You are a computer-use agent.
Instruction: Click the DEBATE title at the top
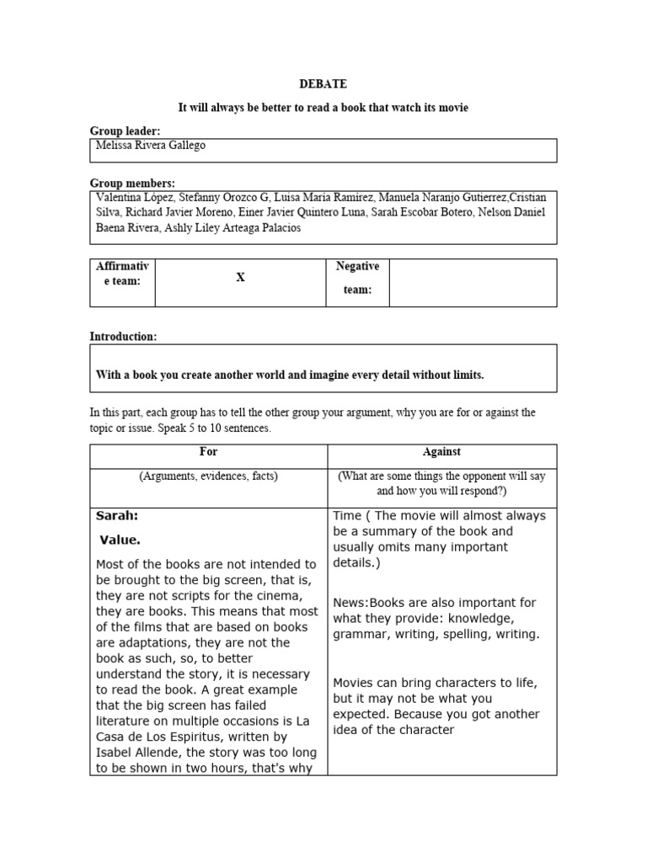point(323,84)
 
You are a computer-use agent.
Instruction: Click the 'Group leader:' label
point(125,131)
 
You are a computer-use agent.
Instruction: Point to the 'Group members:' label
point(132,183)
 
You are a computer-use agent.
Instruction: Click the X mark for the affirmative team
point(240,278)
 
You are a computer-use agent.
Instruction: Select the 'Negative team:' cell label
point(357,278)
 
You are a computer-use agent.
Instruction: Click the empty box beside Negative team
point(472,283)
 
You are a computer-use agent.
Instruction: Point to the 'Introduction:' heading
point(123,337)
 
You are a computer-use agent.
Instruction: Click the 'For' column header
point(208,452)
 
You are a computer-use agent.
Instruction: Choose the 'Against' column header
point(441,452)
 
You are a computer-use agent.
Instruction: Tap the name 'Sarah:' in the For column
point(117,515)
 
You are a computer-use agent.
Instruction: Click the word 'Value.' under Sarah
point(120,540)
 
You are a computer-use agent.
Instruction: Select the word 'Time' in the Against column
point(347,515)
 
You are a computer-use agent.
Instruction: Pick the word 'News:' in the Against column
point(350,603)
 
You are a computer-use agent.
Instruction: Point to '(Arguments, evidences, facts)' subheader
point(208,476)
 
